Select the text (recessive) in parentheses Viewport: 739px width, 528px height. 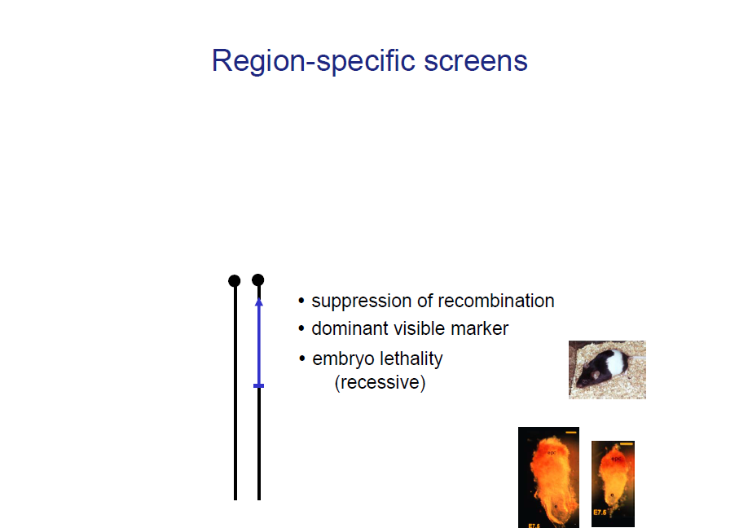point(380,382)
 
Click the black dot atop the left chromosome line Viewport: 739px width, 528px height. point(235,280)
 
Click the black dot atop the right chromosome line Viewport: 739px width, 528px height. point(258,280)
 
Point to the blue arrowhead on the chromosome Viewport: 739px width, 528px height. point(258,301)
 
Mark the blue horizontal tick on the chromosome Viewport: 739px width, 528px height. point(258,385)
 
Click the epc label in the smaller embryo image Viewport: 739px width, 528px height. point(617,460)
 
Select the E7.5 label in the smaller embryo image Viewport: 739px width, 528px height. point(600,513)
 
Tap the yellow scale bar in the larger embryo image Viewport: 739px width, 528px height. point(570,432)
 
